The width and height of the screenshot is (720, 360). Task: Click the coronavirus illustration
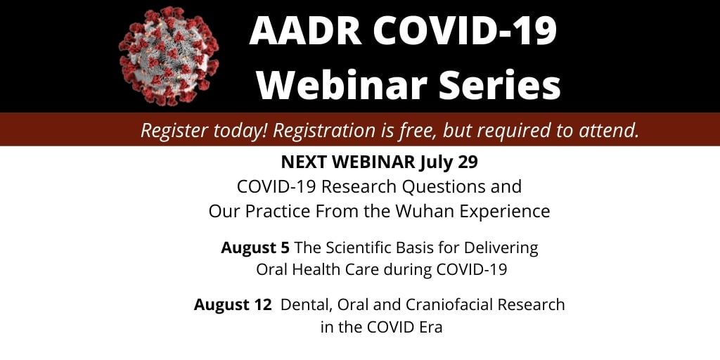(169, 56)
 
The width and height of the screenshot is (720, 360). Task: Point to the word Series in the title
(499, 84)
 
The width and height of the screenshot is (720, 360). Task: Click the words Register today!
(205, 131)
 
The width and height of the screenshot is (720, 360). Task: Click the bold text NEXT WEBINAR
(348, 162)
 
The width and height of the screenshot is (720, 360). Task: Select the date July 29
(449, 163)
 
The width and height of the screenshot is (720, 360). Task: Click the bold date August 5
(255, 248)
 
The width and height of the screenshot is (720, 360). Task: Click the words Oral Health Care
(311, 269)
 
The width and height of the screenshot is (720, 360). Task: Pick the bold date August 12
(233, 305)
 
